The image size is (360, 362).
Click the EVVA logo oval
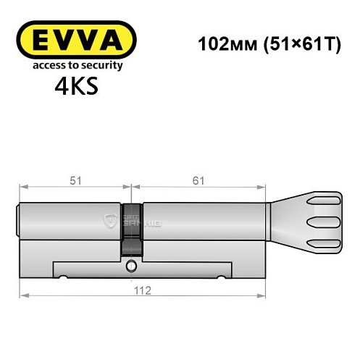[x=75, y=40]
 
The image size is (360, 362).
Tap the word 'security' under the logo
[x=104, y=65]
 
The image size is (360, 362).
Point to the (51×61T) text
[x=298, y=42]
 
